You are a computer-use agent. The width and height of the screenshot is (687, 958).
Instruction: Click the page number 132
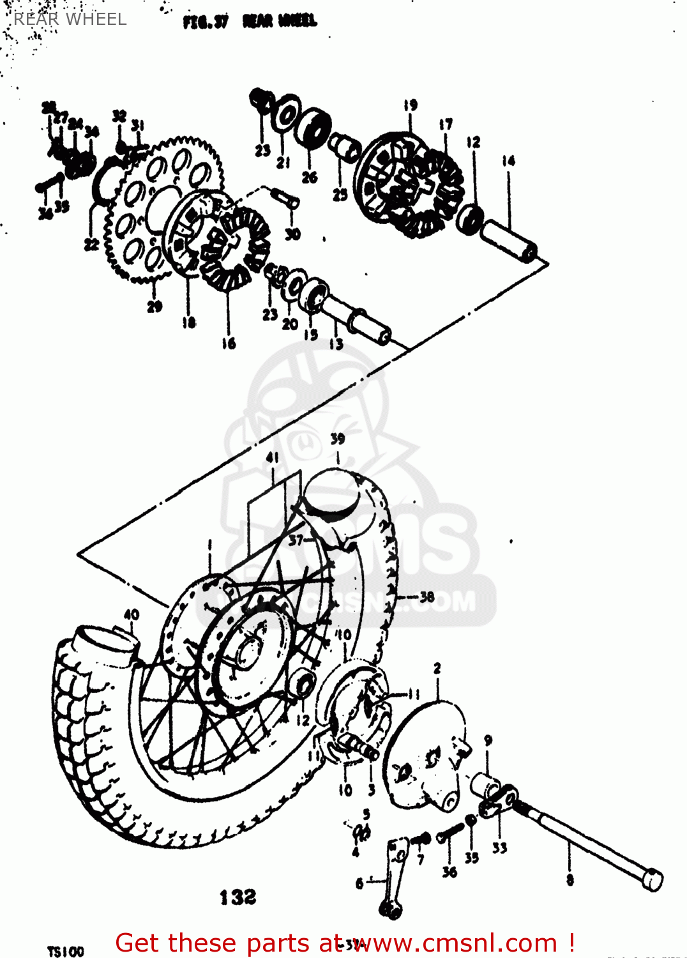point(238,897)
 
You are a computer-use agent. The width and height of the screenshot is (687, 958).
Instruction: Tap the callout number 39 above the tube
point(338,439)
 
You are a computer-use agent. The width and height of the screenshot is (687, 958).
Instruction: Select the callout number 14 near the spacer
point(508,161)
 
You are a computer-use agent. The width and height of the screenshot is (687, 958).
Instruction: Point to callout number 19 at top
point(410,105)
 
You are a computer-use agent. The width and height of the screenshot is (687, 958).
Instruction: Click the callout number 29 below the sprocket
point(155,307)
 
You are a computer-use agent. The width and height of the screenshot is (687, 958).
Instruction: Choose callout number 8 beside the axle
point(570,880)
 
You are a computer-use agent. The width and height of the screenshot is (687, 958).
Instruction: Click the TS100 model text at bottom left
point(66,951)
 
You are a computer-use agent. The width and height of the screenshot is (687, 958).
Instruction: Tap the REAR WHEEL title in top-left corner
point(70,19)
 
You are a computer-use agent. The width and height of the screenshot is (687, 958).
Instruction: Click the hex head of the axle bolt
point(653,879)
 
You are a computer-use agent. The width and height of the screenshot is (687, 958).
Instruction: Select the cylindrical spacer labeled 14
point(509,240)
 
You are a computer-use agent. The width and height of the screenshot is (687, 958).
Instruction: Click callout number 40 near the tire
point(131,614)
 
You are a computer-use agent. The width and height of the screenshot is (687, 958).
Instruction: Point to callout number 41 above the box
point(273,457)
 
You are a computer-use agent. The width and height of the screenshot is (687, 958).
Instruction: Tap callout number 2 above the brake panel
point(437,668)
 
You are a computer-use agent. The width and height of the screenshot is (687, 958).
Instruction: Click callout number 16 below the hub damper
point(229,344)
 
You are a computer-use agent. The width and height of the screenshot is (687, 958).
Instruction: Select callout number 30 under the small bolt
point(292,234)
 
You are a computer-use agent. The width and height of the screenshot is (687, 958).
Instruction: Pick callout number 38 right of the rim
point(427,597)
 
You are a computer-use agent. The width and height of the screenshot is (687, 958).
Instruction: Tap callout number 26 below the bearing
point(310,177)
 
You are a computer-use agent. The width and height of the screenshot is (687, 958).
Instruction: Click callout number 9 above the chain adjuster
point(488,741)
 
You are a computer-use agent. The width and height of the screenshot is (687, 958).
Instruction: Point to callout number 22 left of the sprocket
point(91,244)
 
